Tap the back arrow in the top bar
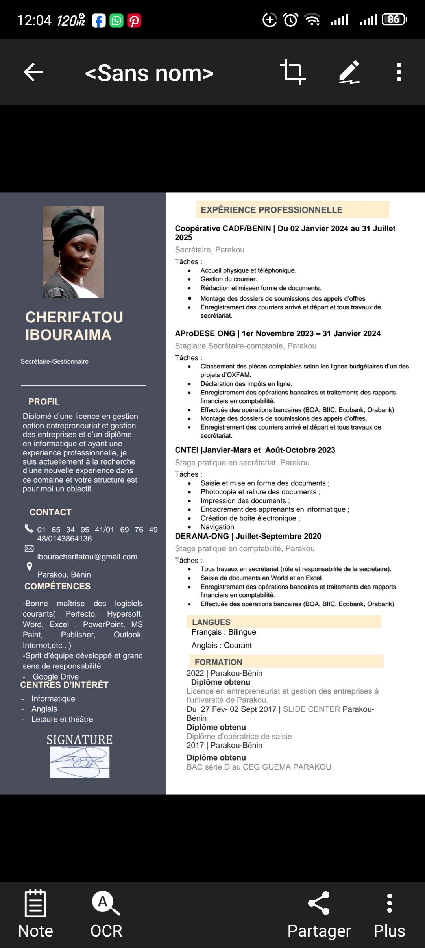(33, 72)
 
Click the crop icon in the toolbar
(292, 72)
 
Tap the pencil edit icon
(349, 72)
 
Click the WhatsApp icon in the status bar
(116, 20)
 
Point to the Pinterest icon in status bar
(134, 20)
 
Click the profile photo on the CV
(74, 252)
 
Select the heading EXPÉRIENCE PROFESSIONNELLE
(272, 210)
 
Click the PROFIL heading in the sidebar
(44, 402)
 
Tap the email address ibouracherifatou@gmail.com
(87, 557)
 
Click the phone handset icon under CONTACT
(29, 528)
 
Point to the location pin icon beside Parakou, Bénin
(29, 567)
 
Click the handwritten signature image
(80, 762)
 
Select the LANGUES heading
(211, 622)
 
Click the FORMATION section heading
(218, 662)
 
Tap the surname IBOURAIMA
(68, 335)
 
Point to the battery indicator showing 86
(394, 19)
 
